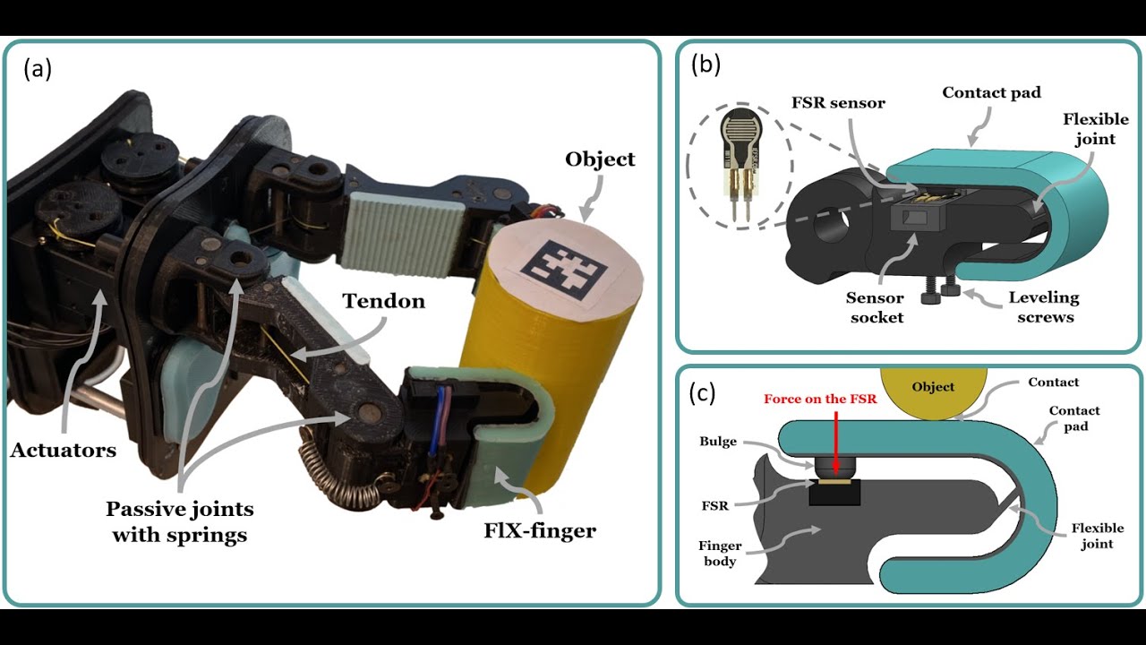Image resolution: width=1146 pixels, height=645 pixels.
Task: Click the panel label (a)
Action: (38, 69)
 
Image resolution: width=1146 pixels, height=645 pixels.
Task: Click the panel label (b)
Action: (706, 64)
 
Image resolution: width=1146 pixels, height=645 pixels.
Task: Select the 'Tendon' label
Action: (383, 301)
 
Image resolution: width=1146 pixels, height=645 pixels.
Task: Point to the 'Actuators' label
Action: (64, 451)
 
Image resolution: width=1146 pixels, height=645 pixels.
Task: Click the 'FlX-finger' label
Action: (539, 530)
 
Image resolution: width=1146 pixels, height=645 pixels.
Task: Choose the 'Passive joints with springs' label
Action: (179, 522)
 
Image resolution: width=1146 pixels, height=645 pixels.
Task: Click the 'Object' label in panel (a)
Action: (600, 159)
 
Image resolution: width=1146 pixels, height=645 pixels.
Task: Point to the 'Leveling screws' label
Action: (1043, 306)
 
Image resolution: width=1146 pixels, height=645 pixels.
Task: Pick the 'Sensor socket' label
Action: (875, 306)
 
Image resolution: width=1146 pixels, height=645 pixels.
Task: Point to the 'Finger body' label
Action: (719, 553)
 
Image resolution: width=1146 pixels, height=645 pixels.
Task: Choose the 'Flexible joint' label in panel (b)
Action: (1089, 128)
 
